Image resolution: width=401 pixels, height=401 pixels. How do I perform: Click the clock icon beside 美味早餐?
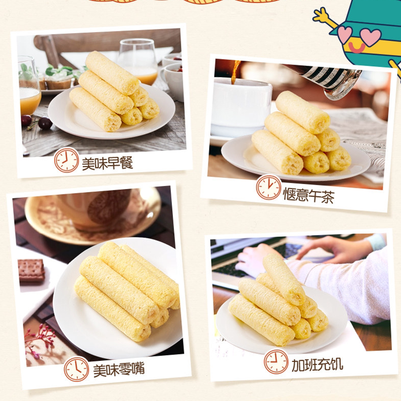coord(66,160)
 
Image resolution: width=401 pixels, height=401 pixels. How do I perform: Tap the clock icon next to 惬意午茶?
coord(269,187)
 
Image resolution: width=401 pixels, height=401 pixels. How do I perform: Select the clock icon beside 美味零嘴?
coord(76,369)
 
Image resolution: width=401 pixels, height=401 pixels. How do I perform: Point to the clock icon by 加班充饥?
coord(276,361)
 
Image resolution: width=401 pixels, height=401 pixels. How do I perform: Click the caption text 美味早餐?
coord(107,163)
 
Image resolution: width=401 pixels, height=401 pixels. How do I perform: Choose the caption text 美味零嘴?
coord(119,369)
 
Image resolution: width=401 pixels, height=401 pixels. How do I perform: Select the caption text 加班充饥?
coord(317,364)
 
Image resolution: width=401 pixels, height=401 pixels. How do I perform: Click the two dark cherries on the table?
coord(37,122)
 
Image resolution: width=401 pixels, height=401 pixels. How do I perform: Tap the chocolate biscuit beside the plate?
coord(32,270)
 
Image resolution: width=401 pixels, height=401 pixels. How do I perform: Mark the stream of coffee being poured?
coord(235,72)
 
